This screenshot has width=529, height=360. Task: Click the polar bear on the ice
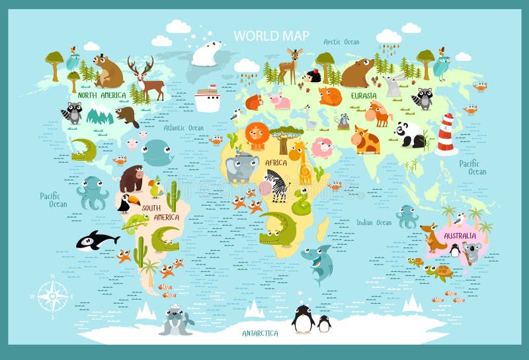(x=206, y=54)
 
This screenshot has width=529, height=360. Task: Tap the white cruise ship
(x=208, y=99)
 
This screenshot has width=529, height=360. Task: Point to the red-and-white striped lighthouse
(x=447, y=135)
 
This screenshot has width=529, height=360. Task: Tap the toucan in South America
(x=126, y=202)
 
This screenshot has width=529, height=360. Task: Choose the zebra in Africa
(x=277, y=185)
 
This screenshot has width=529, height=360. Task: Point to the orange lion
(x=257, y=136)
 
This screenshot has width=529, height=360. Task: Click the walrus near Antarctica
(x=176, y=321)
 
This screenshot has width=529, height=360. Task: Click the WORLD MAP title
(x=271, y=35)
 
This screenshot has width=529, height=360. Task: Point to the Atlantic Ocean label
(x=183, y=128)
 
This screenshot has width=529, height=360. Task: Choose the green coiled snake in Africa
(x=302, y=202)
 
